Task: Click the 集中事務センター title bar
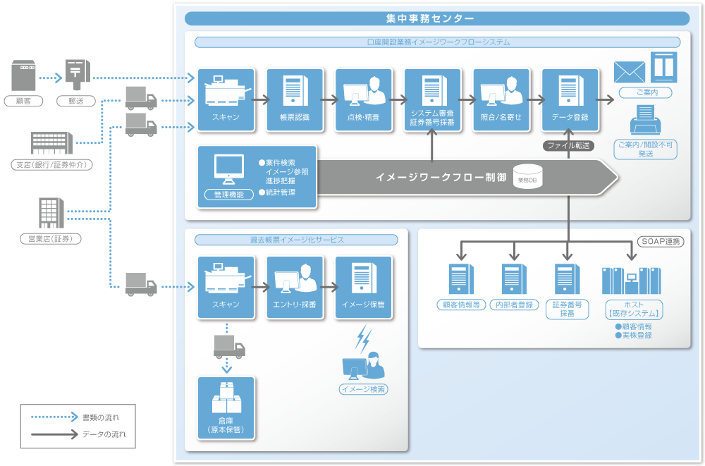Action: (x=437, y=19)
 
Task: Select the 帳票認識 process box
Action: (x=295, y=99)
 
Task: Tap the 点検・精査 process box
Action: (x=364, y=99)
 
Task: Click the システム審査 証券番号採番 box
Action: (x=432, y=99)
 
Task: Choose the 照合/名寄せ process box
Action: (x=501, y=99)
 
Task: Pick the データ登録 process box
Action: (x=570, y=99)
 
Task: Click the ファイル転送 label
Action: (x=568, y=146)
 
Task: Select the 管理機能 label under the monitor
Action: (x=228, y=195)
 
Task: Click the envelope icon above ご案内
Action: (x=630, y=72)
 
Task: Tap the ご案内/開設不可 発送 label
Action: (x=645, y=149)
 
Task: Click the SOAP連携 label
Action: (x=661, y=241)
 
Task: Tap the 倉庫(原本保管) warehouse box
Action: (x=226, y=408)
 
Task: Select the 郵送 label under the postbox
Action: (x=75, y=101)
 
